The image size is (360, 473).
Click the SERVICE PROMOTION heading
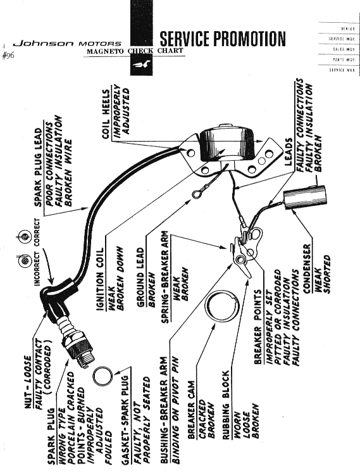223,39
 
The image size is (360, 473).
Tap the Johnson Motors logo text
66,44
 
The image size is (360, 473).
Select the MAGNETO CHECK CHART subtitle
135,51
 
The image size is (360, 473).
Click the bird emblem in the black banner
142,64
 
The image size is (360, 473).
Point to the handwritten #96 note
8,56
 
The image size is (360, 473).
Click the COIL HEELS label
106,114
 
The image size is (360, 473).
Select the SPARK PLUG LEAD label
39,167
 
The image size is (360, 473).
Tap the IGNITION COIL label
101,279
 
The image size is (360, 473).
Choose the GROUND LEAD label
140,277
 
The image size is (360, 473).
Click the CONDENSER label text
307,268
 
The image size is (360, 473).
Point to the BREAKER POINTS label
258,327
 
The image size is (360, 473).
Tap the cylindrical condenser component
305,198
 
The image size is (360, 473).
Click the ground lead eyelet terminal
196,194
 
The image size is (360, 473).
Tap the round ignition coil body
227,144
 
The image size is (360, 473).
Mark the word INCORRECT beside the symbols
37,268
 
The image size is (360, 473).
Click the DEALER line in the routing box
348,29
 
